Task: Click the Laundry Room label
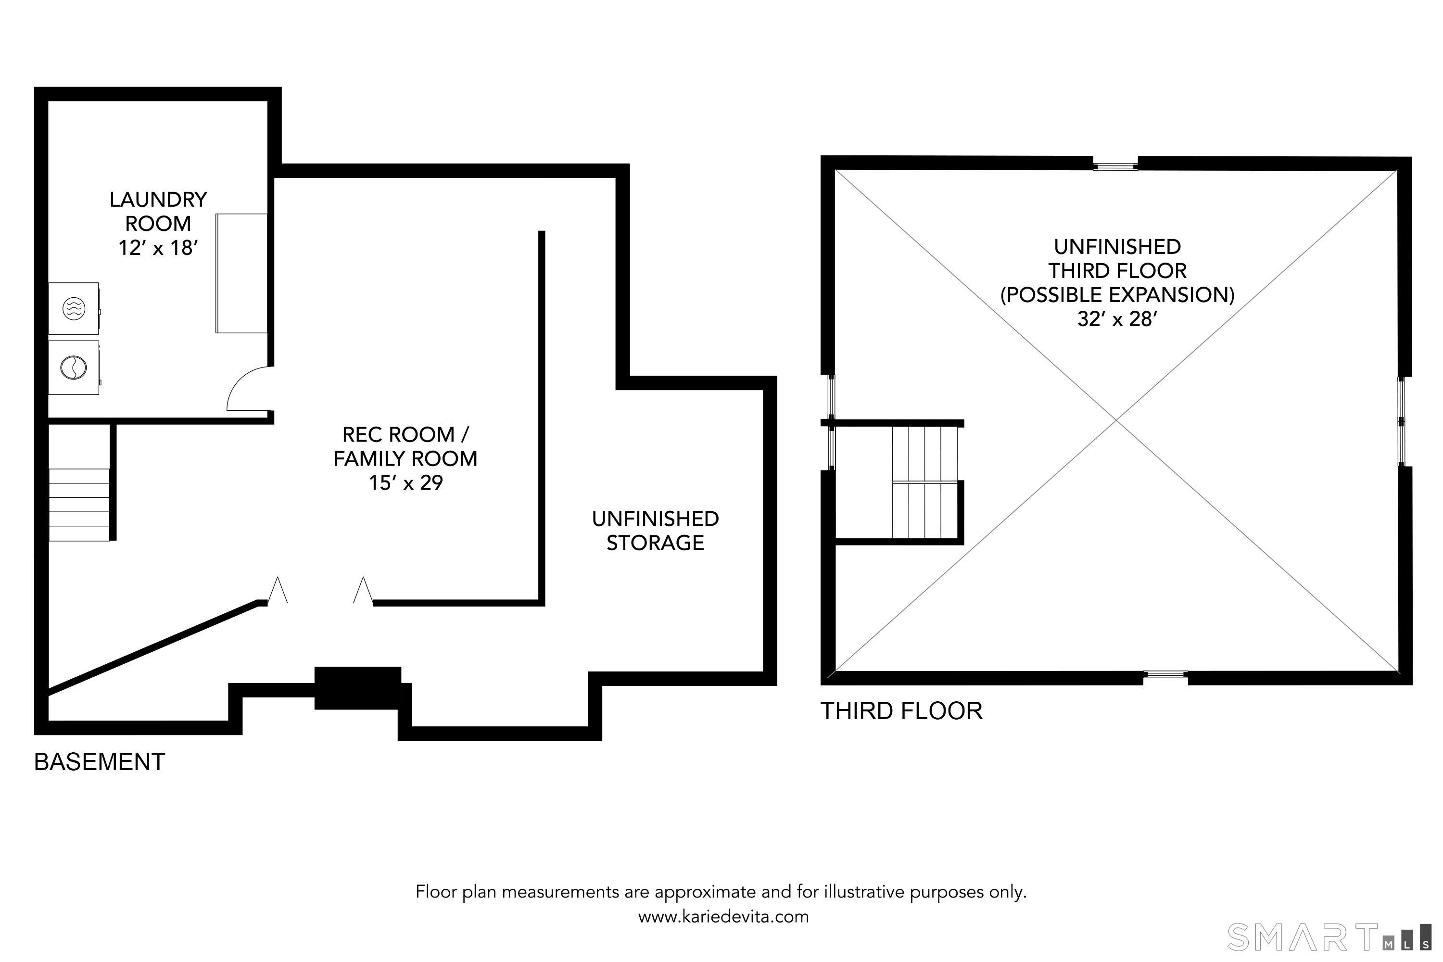[x=158, y=211]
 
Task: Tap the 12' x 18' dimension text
[x=158, y=248]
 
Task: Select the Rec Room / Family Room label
[x=405, y=447]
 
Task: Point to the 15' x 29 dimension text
[x=405, y=483]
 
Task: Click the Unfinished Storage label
[x=655, y=531]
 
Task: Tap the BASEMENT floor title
[x=100, y=762]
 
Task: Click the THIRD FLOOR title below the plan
[x=901, y=711]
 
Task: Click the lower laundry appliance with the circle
[x=74, y=367]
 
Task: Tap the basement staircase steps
[x=79, y=505]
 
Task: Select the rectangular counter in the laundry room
[x=241, y=274]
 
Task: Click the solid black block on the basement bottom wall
[x=358, y=688]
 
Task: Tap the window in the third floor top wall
[x=1115, y=165]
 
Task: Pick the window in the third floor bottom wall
[x=1165, y=675]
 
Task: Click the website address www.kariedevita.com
[x=723, y=917]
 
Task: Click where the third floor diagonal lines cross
[x=1116, y=420]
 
